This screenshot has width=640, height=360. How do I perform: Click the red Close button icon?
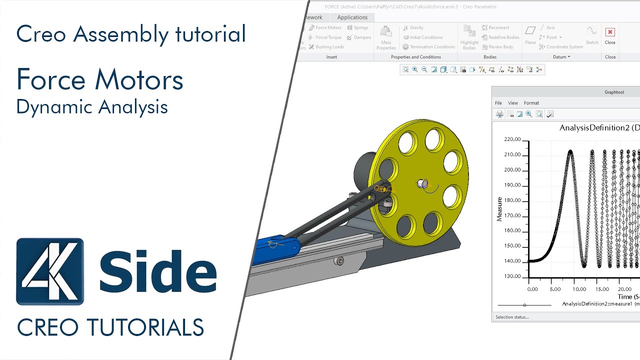[x=610, y=32]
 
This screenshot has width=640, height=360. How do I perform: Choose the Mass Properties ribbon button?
[x=386, y=37]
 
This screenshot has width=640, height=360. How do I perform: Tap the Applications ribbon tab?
[x=352, y=17]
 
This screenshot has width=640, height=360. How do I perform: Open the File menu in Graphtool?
[x=498, y=103]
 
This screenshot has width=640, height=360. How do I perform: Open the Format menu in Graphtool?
[x=531, y=103]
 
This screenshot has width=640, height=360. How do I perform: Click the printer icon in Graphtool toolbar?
[x=499, y=114]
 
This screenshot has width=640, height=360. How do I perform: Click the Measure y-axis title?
[x=499, y=209]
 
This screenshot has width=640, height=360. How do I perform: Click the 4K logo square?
[x=50, y=271]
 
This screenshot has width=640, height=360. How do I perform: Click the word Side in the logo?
[x=158, y=271]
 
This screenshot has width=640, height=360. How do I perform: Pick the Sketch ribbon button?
[x=592, y=35]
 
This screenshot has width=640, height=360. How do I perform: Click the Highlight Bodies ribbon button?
[x=469, y=37]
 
